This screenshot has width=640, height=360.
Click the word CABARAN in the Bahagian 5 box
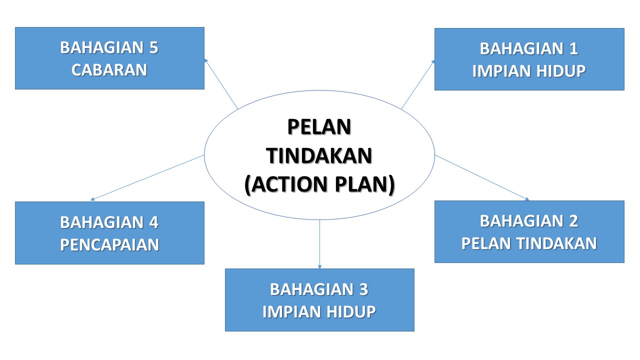109,70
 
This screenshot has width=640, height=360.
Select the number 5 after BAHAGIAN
153,48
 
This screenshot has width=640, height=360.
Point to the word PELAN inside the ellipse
319,127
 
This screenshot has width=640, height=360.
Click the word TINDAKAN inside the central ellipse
319,156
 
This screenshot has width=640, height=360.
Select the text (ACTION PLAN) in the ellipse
319,184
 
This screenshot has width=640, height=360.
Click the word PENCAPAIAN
109,245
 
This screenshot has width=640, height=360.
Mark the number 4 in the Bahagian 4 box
153,222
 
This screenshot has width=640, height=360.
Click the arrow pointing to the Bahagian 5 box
220,82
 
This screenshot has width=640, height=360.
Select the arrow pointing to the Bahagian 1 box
418,84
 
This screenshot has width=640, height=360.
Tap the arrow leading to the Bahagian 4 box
147,177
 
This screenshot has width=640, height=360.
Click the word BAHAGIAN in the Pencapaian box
101,222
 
